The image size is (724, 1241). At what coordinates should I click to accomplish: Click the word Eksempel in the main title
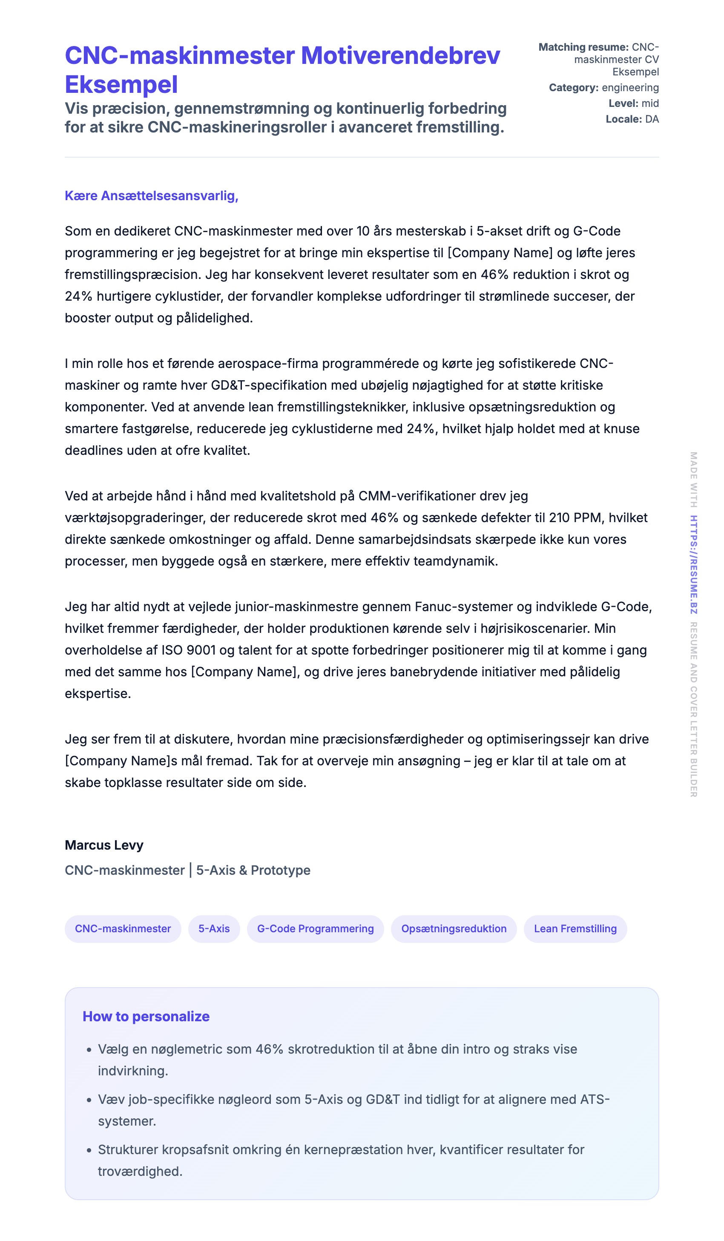pos(121,84)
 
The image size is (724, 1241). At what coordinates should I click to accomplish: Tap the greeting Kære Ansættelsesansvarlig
pos(151,195)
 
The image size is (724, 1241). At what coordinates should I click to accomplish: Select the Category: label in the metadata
pos(573,88)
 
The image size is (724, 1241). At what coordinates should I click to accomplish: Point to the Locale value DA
pos(652,119)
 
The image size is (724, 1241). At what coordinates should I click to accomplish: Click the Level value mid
pos(650,103)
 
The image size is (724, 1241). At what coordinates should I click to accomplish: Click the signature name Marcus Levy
pos(104,845)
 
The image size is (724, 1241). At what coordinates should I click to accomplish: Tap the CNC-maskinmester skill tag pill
pos(123,929)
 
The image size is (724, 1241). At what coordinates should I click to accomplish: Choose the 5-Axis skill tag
pos(214,929)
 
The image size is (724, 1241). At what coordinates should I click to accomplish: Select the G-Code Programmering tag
pos(315,929)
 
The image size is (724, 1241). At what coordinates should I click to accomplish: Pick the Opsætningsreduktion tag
pos(454,929)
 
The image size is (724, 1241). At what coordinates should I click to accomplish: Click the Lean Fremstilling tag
pos(575,929)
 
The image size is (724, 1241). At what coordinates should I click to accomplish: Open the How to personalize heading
pos(146,1017)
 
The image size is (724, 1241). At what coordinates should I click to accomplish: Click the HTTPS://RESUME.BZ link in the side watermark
pos(693,564)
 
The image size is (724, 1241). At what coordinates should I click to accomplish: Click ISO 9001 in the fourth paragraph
pos(188,650)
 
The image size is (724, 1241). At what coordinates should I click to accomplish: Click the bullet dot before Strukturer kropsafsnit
pos(89,1150)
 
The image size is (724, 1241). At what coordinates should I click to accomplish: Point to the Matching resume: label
pos(583,47)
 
